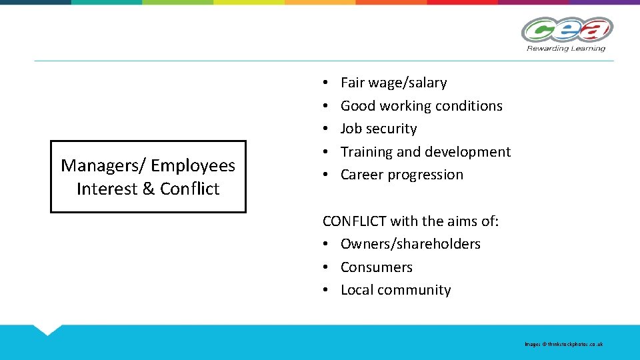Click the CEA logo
tap(566, 30)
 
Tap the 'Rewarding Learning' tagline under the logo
tap(566, 48)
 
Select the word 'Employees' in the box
tap(193, 165)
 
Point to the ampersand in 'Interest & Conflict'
tap(148, 189)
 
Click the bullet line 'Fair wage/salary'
tap(393, 83)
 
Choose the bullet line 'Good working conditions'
tap(421, 105)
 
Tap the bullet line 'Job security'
tap(378, 129)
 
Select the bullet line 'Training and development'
tap(425, 152)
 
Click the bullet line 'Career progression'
tap(401, 175)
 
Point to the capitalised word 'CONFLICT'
tap(353, 221)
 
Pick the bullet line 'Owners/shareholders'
tap(410, 244)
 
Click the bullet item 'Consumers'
tap(377, 267)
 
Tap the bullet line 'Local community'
tap(395, 290)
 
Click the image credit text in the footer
tap(563, 344)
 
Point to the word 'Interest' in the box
tap(107, 189)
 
